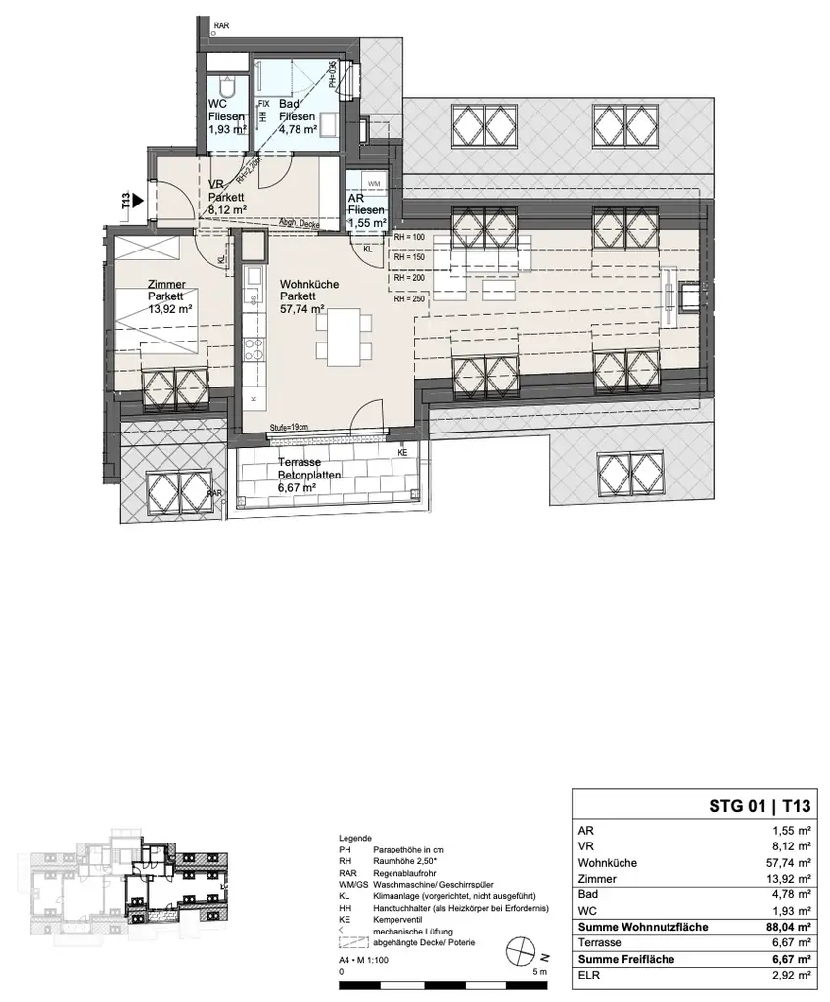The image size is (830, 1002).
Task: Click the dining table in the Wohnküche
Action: click(x=345, y=336)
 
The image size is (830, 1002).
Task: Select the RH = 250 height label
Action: click(x=410, y=299)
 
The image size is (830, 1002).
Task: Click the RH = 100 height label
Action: click(x=410, y=238)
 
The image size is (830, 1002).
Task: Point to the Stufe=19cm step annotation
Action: click(x=290, y=427)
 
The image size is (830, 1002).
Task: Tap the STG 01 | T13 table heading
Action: click(x=760, y=807)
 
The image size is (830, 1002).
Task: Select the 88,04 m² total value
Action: click(x=786, y=927)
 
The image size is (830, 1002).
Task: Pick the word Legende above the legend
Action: click(x=354, y=839)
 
